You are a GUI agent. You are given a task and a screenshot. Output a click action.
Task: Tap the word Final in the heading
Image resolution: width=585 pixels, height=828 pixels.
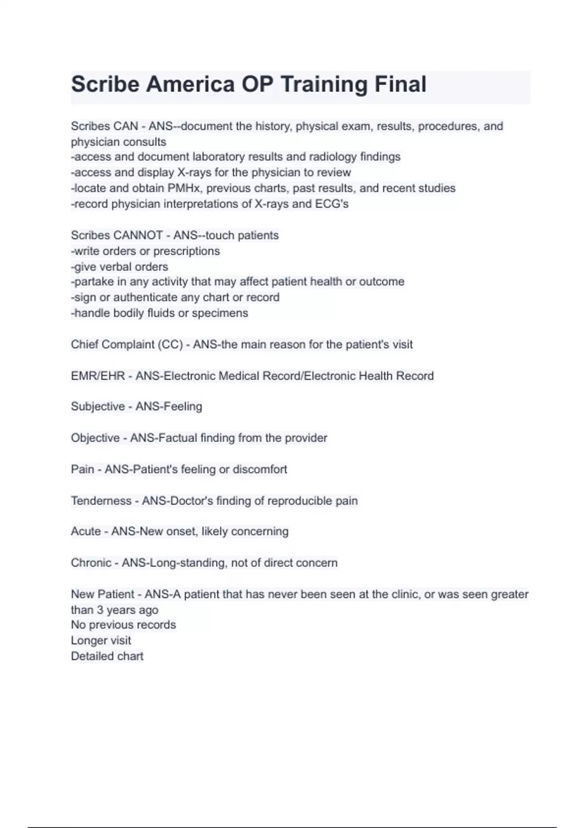[400, 84]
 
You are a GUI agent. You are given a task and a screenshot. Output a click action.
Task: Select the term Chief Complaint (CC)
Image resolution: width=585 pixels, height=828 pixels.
[127, 344]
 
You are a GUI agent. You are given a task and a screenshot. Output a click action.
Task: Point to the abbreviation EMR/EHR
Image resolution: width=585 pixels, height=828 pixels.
[97, 376]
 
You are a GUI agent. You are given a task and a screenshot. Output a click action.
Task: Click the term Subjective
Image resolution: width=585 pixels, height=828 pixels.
[97, 406]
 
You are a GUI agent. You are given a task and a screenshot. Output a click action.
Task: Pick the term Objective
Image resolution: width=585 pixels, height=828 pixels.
[95, 437]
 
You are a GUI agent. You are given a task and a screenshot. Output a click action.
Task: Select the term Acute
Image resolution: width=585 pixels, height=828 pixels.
[86, 531]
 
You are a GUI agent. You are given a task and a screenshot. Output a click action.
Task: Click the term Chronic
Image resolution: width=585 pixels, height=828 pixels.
[91, 563]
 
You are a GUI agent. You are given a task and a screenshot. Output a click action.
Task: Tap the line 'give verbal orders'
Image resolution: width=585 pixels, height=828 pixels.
[120, 266]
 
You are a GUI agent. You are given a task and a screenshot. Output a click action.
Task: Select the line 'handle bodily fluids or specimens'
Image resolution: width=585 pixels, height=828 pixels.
[159, 313]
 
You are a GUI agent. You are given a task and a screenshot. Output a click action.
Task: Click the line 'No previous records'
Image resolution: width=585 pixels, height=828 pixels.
[123, 624]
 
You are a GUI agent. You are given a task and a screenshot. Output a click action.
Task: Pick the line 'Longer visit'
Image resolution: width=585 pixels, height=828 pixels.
[101, 640]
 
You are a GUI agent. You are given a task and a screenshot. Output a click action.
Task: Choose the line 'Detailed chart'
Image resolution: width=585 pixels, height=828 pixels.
[107, 656]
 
